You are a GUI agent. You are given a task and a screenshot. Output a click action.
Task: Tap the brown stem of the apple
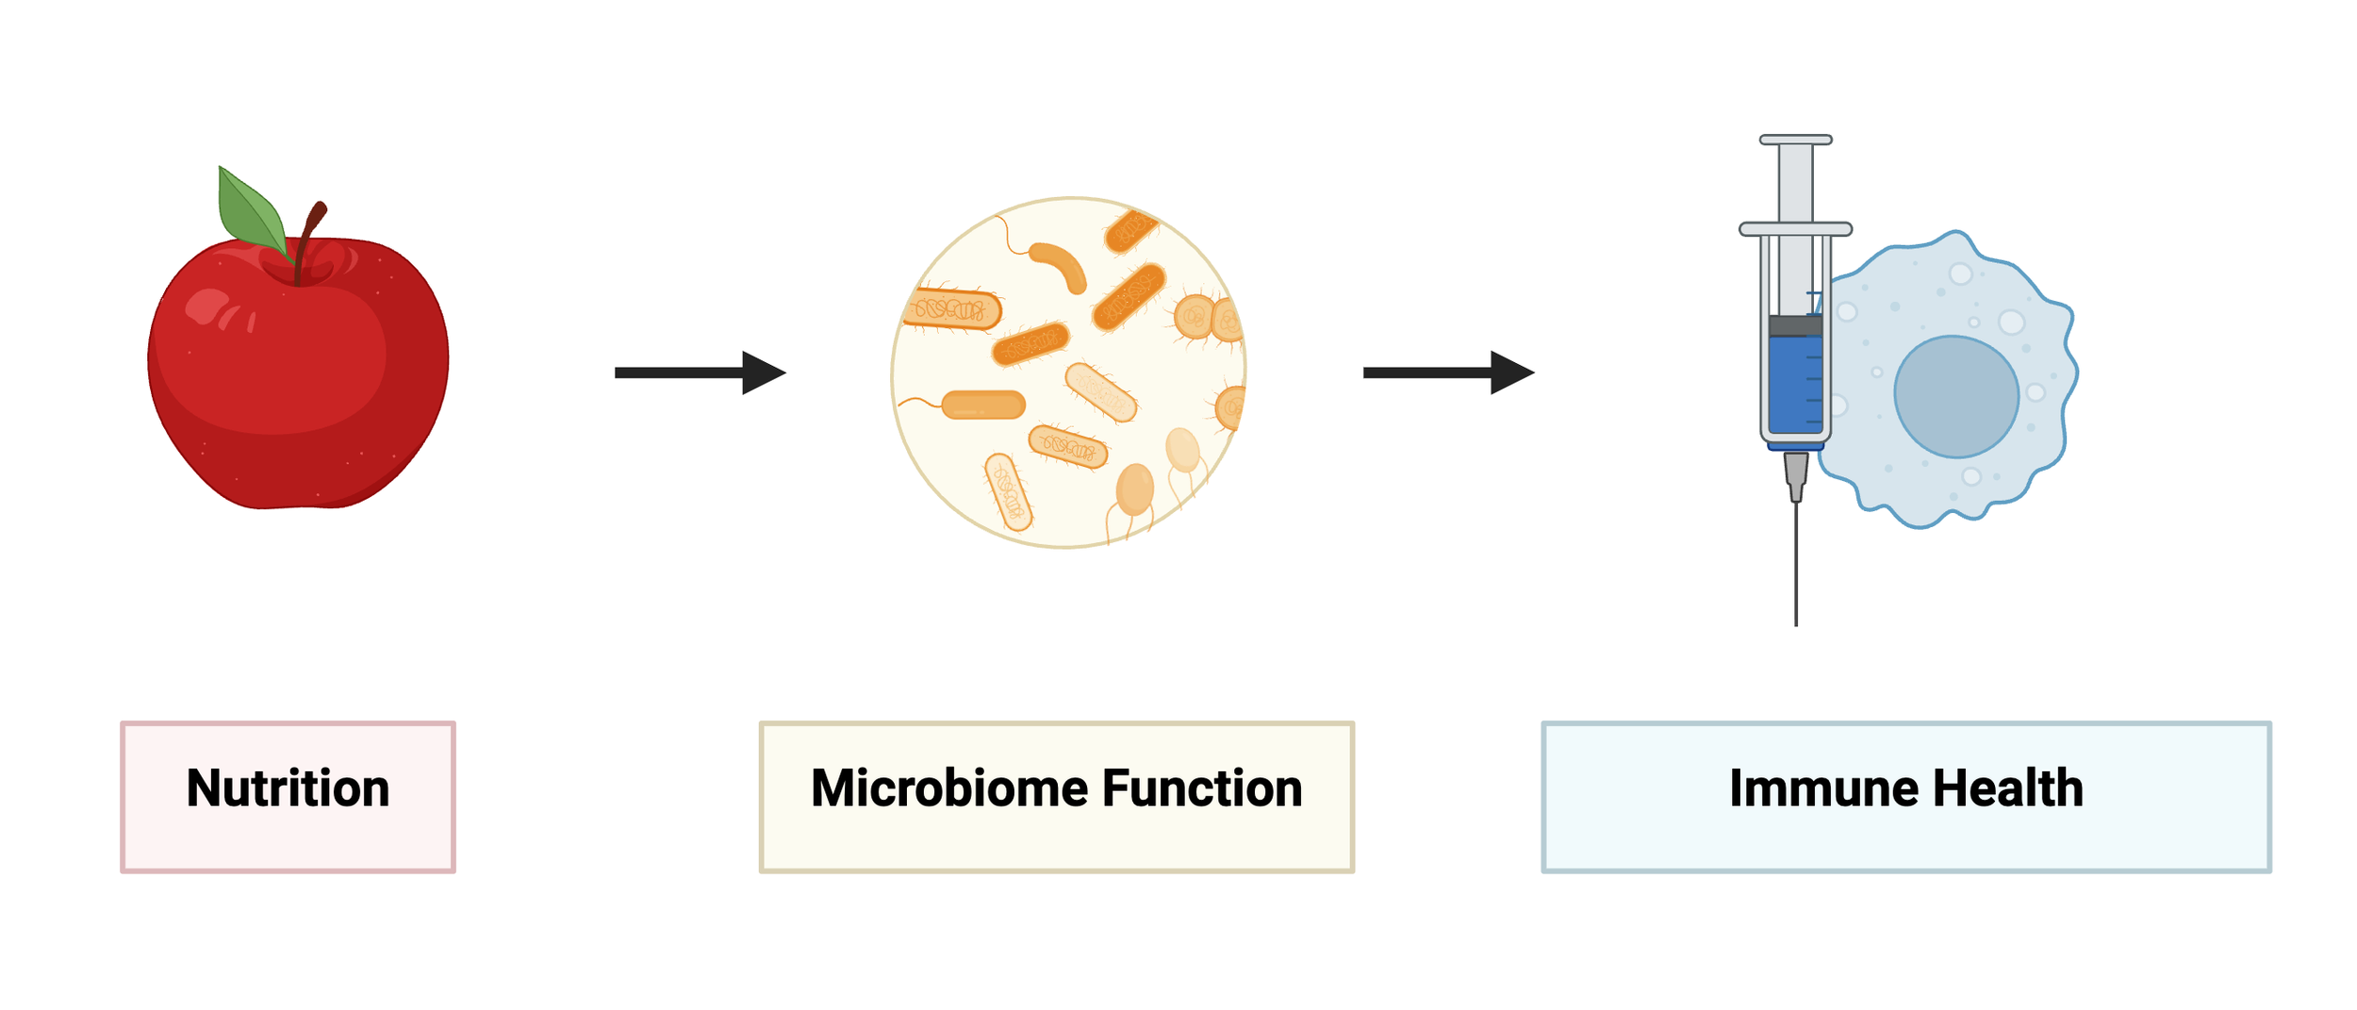pos(307,237)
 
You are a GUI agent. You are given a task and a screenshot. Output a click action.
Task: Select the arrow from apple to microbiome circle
pos(699,373)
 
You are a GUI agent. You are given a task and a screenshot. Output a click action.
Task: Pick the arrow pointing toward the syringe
pos(1447,373)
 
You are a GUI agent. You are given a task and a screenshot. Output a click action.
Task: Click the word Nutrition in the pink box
pos(288,788)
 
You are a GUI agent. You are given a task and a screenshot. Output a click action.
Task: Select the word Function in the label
pos(1202,788)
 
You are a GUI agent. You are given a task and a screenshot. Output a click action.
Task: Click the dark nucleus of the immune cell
pos(1956,397)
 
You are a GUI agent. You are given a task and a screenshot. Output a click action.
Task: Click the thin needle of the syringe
pos(1796,566)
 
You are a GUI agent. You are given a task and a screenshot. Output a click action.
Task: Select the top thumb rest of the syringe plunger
pos(1796,140)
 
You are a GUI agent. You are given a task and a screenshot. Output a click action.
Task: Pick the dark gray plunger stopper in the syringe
pos(1795,326)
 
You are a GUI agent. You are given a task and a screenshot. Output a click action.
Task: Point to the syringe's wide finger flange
pos(1796,229)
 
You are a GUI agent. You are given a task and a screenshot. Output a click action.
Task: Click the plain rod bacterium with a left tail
pos(982,405)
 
